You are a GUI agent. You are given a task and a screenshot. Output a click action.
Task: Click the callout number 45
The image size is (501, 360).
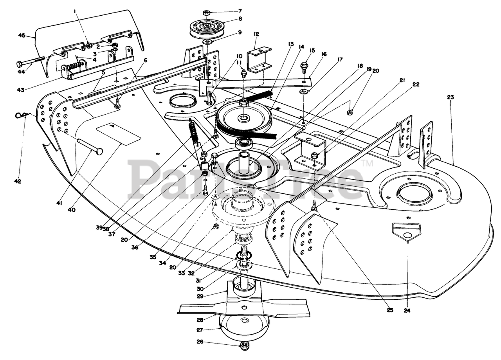coord(22,36)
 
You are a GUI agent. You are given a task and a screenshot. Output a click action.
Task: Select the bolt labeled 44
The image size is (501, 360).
coord(29,63)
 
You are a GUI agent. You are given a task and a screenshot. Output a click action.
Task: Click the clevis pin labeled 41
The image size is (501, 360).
coord(89,146)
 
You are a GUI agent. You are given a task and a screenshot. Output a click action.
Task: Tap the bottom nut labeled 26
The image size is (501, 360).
coord(244,346)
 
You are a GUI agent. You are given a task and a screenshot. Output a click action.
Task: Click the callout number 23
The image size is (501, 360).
coord(450,97)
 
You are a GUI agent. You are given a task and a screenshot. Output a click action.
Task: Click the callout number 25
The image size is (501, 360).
coord(390,310)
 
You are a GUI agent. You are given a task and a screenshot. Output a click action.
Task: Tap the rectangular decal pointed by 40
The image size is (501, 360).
coord(119,133)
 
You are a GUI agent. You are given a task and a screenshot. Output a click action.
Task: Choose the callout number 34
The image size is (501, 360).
coord(162,263)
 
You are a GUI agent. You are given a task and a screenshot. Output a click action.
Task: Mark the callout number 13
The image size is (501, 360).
coord(290,44)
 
